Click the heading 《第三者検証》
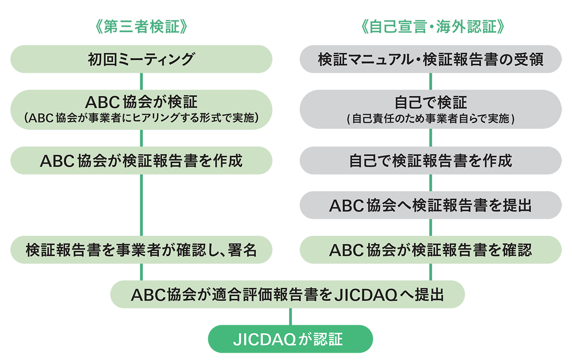141,27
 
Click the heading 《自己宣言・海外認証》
433,27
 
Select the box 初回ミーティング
141,59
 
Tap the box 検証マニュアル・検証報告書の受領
431,59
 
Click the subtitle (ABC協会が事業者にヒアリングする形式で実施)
141,118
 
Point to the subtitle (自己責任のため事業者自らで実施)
431,119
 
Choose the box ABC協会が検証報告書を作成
141,160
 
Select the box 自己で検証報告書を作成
431,160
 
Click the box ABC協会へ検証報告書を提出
431,205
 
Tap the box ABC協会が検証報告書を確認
431,250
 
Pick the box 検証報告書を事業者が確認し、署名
141,250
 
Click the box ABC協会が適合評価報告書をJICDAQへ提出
288,294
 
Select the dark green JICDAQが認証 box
290,339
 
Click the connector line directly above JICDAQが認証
290,317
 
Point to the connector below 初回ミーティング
141,81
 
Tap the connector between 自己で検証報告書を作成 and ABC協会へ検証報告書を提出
431,183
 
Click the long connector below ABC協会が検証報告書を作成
141,205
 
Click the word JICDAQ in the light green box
366,295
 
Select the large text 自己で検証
431,102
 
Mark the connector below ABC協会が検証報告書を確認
431,272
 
